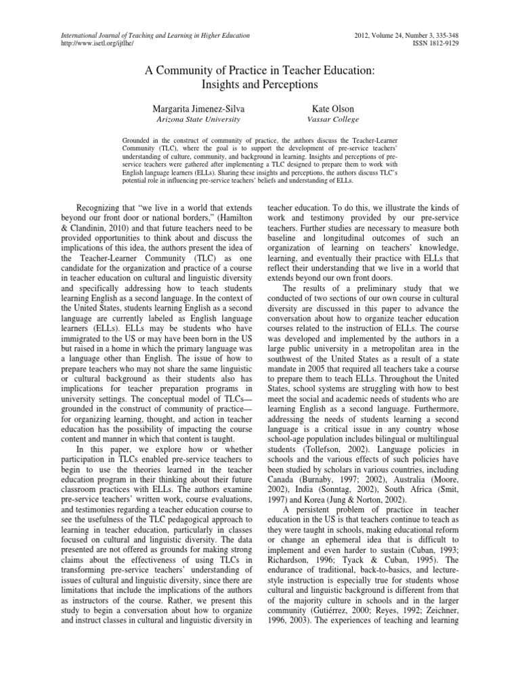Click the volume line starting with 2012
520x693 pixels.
pos(416,35)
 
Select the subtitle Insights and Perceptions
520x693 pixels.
pos(259,85)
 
